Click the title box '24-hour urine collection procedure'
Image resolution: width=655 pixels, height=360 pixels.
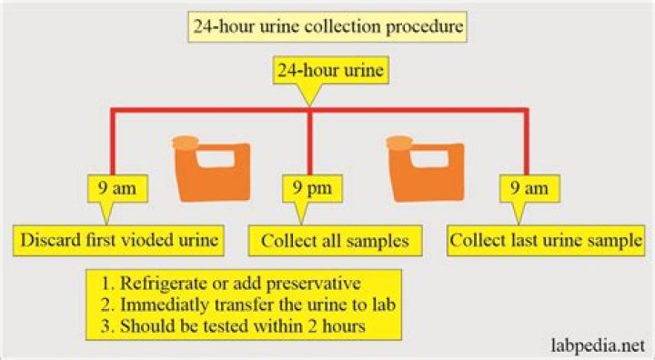tap(327, 26)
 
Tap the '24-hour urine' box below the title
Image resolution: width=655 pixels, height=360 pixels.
tap(331, 70)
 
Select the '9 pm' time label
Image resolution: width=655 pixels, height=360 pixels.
tap(312, 188)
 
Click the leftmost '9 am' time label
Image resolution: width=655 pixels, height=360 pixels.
tap(117, 188)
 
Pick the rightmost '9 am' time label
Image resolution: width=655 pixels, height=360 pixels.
tap(529, 188)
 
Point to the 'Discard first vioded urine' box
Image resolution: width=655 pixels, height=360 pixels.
tap(118, 241)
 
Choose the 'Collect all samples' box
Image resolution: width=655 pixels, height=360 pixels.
tap(335, 241)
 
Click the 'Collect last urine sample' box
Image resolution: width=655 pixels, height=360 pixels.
tap(546, 241)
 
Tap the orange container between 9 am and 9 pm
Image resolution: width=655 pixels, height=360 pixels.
tap(212, 168)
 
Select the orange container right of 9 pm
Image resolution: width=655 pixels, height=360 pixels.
tap(425, 168)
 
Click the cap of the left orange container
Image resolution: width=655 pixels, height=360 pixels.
tap(186, 143)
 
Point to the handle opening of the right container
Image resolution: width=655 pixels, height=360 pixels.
tap(429, 159)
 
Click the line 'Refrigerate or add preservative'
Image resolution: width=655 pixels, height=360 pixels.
tap(231, 284)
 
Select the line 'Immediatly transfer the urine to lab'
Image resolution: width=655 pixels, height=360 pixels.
tap(248, 305)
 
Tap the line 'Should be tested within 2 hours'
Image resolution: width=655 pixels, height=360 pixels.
tap(233, 325)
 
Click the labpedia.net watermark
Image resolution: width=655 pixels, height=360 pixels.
tap(599, 345)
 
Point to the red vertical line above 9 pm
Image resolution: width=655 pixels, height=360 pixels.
tap(309, 143)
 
